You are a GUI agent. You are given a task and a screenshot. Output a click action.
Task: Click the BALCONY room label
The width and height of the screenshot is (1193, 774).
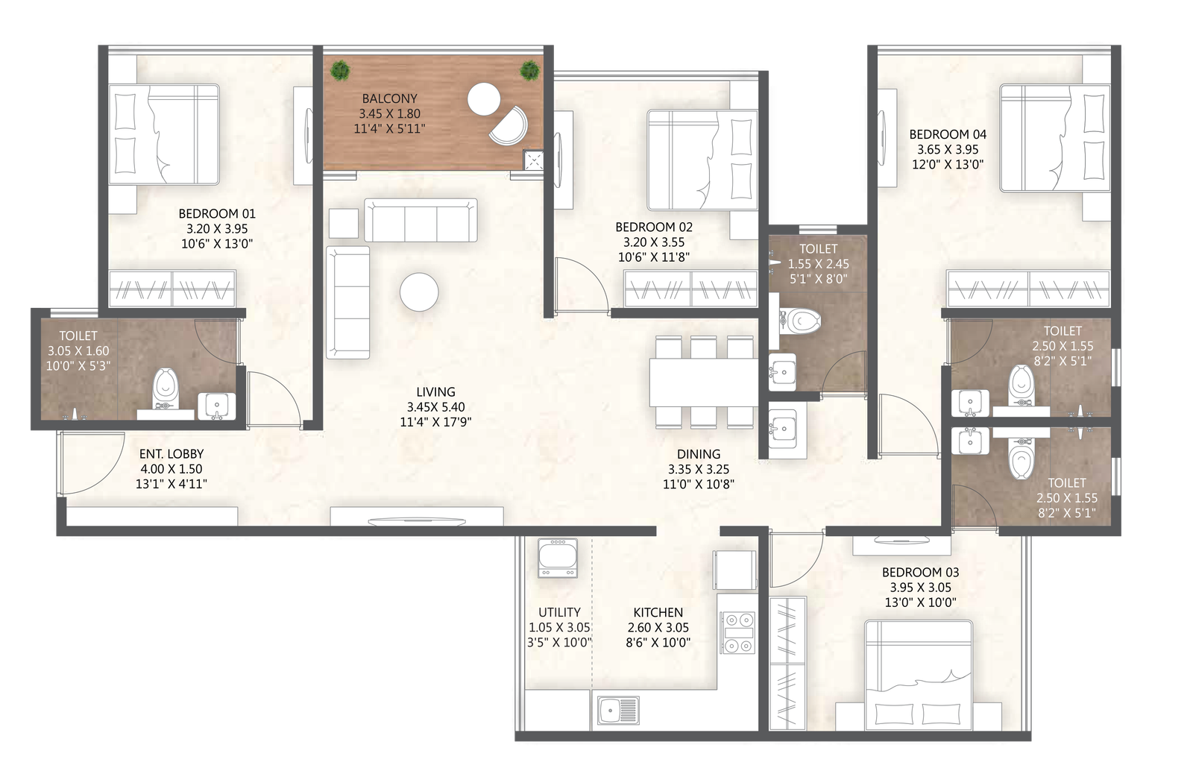(389, 98)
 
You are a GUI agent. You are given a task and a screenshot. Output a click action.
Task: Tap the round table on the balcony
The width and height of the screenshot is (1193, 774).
(484, 99)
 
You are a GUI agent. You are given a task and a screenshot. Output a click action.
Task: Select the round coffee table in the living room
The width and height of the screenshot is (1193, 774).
(419, 292)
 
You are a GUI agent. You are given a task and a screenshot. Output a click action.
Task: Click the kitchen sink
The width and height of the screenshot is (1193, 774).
(618, 710)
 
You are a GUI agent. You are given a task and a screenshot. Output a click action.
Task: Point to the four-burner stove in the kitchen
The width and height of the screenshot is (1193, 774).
(737, 633)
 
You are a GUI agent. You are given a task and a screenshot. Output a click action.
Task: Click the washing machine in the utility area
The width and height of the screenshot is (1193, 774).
(558, 558)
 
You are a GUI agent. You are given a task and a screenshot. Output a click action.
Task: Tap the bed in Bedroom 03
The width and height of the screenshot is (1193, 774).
(918, 675)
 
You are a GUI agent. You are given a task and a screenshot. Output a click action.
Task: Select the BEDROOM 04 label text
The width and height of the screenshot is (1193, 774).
(948, 134)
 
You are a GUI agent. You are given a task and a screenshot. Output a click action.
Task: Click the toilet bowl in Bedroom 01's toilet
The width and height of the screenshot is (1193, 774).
(166, 388)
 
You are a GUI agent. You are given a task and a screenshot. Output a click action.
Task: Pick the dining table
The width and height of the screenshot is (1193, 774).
(704, 383)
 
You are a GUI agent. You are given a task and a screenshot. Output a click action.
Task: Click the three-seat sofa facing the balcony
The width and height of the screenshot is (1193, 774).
(421, 220)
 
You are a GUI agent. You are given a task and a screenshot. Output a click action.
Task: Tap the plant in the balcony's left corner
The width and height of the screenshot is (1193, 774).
(340, 70)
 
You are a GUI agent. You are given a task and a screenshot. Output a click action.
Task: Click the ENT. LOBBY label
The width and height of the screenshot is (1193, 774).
(171, 454)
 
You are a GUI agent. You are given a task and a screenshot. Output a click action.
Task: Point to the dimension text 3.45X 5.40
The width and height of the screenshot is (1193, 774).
(435, 407)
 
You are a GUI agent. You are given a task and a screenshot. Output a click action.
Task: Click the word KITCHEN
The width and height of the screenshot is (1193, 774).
(658, 613)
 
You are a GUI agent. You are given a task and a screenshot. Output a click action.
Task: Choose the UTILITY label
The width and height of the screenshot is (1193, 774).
(559, 613)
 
